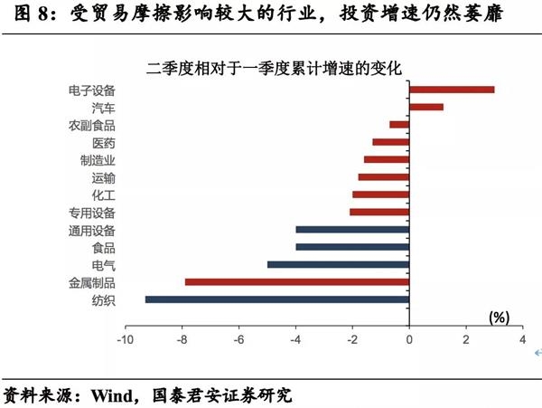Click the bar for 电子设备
click(452, 90)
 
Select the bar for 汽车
click(426, 107)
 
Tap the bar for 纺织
click(277, 299)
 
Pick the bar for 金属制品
click(297, 282)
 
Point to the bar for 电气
click(339, 265)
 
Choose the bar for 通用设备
click(352, 230)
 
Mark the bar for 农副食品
click(399, 125)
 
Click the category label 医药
click(104, 143)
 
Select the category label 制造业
click(98, 160)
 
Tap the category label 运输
click(104, 177)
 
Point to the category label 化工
click(104, 195)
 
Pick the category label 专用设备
click(92, 213)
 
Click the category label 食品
click(104, 248)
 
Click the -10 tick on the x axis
click(125, 340)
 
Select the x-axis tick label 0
click(409, 340)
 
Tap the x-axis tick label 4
click(522, 340)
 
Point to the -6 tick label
click(239, 340)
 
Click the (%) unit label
click(499, 318)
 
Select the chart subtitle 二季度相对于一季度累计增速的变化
click(274, 68)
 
